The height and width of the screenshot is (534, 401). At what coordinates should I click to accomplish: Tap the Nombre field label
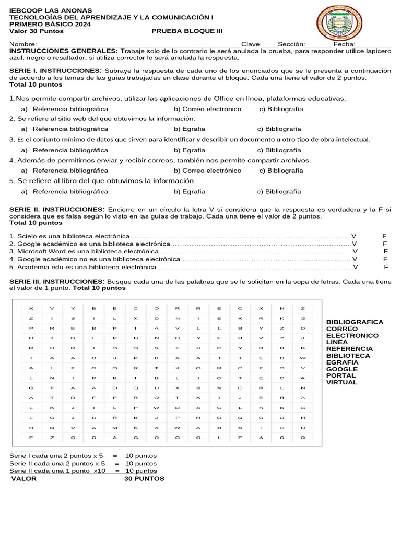pos(22,44)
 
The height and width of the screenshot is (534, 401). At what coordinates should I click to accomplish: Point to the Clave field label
pos(250,44)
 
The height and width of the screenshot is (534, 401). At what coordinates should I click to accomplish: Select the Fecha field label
pos(344,44)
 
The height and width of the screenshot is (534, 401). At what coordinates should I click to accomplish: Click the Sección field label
pos(291,44)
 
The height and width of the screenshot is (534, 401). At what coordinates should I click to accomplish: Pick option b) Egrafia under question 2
pos(190,129)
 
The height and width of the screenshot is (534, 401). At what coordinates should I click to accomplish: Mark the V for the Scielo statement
pos(354,236)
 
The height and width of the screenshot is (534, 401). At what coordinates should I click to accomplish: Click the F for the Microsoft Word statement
pos(385,251)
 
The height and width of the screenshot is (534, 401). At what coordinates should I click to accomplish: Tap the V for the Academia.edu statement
pos(356,267)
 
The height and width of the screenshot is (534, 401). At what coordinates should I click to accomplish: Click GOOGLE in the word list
pos(342,369)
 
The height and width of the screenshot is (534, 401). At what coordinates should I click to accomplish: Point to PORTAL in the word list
pos(340,375)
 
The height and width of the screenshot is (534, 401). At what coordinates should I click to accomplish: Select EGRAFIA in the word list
pos(342,362)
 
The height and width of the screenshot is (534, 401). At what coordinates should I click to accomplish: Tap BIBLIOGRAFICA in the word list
pos(355,322)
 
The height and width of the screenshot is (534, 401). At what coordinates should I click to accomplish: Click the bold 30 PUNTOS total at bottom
pos(144,478)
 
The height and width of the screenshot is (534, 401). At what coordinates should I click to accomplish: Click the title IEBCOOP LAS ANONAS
pos(51,10)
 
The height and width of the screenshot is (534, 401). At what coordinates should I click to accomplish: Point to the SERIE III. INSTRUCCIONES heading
pos(57,281)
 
